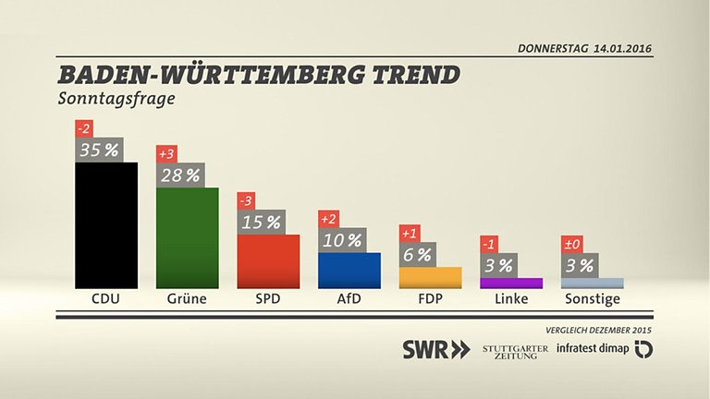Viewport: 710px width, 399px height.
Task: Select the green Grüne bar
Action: (x=187, y=237)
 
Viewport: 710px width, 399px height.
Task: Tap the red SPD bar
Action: (x=268, y=261)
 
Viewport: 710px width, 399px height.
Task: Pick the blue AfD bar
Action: (x=349, y=271)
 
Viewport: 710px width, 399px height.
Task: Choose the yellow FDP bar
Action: (x=430, y=277)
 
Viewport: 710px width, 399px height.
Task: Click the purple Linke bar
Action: (x=511, y=283)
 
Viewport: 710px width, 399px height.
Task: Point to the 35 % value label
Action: (x=98, y=150)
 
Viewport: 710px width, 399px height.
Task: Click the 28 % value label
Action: (x=179, y=175)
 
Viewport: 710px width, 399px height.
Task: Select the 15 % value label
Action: (x=261, y=223)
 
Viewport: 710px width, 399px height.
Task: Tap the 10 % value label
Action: (x=341, y=240)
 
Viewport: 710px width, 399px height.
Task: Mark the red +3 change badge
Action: (x=167, y=153)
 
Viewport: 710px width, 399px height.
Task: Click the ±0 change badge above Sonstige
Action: (x=573, y=245)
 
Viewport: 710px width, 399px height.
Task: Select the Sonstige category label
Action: (x=592, y=299)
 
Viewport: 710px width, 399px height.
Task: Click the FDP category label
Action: (x=430, y=299)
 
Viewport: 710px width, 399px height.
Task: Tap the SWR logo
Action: (x=435, y=349)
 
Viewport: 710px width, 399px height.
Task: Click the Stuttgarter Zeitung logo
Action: (x=515, y=350)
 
